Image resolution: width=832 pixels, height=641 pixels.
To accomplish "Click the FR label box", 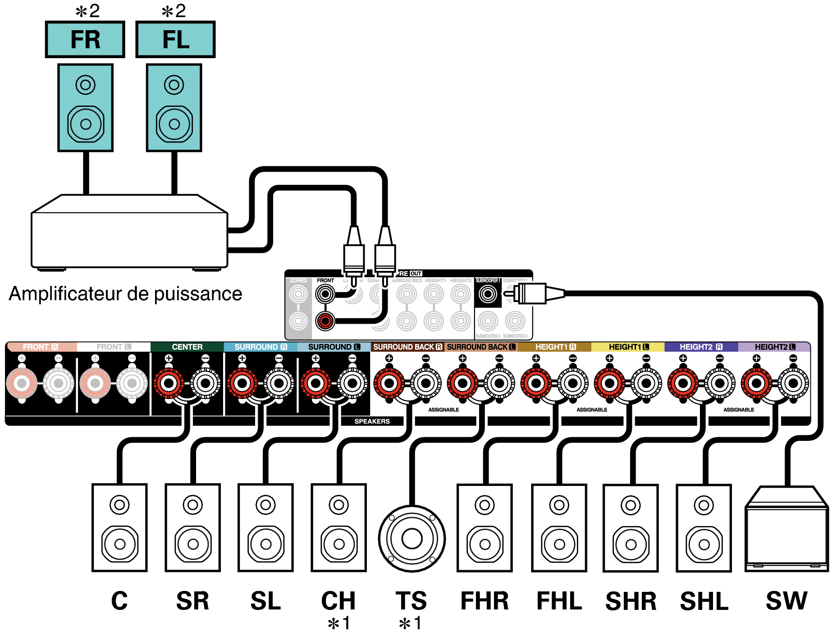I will pos(85,39).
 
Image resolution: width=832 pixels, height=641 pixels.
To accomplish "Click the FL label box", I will pos(175,39).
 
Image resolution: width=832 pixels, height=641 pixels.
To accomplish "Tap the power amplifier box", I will pos(129,239).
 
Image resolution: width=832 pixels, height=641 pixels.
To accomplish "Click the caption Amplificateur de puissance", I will pos(125,294).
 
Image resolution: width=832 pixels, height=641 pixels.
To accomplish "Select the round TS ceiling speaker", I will pos(411,538).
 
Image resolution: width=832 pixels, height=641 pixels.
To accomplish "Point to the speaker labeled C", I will pos(119,527).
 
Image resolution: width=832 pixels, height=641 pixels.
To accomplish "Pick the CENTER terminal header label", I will pos(187,347).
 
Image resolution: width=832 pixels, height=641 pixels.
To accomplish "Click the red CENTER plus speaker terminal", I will pos(169,384).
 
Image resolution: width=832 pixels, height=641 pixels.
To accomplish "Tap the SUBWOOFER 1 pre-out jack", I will pos(488,294).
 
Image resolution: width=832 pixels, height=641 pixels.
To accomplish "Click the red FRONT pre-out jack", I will pos(325,321).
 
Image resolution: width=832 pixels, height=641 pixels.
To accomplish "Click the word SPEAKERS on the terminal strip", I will pos(372,421).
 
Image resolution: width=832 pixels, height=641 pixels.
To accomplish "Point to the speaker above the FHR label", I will pos(485,527).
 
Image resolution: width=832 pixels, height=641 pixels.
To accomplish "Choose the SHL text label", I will pos(704,601).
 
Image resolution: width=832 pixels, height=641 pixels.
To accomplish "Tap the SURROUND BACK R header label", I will pos(407,347).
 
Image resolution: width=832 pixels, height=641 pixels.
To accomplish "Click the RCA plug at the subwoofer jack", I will pos(532,294).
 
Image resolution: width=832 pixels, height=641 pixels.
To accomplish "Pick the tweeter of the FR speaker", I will pos(85,84).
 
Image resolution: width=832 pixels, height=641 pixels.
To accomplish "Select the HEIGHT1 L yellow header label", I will pos(628,347).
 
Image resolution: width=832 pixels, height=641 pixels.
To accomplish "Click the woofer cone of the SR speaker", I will pos(193,544).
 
